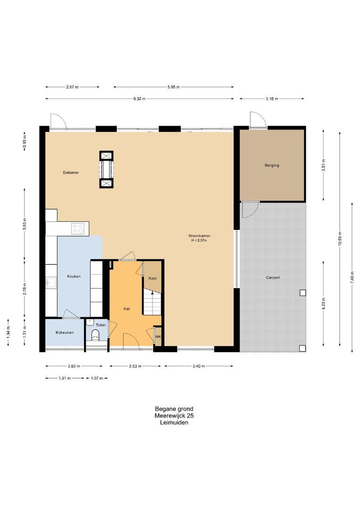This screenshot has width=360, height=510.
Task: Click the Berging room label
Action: pyautogui.click(x=272, y=165)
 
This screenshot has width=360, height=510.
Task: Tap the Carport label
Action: pyautogui.click(x=273, y=278)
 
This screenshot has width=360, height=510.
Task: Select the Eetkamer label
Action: pyautogui.click(x=71, y=173)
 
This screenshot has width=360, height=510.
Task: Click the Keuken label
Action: pyautogui.click(x=74, y=276)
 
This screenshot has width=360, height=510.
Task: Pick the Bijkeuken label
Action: pyautogui.click(x=64, y=332)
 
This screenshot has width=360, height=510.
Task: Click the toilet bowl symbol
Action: pyautogui.click(x=95, y=335)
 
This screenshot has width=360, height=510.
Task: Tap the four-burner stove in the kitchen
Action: pyautogui.click(x=78, y=228)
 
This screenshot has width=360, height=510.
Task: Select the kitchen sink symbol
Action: pyautogui.click(x=51, y=282)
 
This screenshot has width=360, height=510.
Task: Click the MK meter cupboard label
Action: pyautogui.click(x=158, y=337)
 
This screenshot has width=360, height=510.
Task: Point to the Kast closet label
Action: pyautogui.click(x=152, y=278)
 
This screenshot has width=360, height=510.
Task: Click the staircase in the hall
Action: pyautogui.click(x=152, y=303)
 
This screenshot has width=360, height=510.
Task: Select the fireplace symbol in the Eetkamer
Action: pyautogui.click(x=106, y=170)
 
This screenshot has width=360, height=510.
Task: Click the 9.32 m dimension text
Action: pyautogui.click(x=139, y=99)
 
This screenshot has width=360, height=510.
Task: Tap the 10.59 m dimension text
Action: pyautogui.click(x=340, y=239)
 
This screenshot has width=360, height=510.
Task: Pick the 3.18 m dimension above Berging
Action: pyautogui.click(x=272, y=99)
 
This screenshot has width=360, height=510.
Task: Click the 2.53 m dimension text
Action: pyautogui.click(x=135, y=366)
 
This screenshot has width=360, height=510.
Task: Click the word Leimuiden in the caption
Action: pyautogui.click(x=174, y=423)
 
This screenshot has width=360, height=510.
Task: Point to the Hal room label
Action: pyautogui.click(x=126, y=309)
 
